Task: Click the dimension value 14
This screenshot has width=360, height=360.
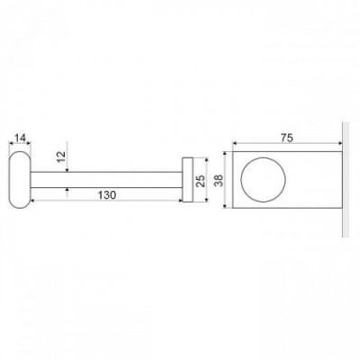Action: pos(20,138)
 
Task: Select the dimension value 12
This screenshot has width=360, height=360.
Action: pos(61,156)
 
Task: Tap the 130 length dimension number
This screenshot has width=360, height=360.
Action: pos(107,195)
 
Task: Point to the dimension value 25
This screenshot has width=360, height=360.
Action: pos(201,181)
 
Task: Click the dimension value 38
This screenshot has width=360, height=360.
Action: pos(220,180)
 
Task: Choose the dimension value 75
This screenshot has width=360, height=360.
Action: pos(287,138)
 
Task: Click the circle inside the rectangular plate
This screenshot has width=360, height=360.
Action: pos(263,179)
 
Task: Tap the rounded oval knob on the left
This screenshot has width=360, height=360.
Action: pos(20,180)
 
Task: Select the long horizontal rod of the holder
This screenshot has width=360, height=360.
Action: pos(106,180)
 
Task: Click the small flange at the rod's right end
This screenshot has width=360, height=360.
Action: pos(187,180)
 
